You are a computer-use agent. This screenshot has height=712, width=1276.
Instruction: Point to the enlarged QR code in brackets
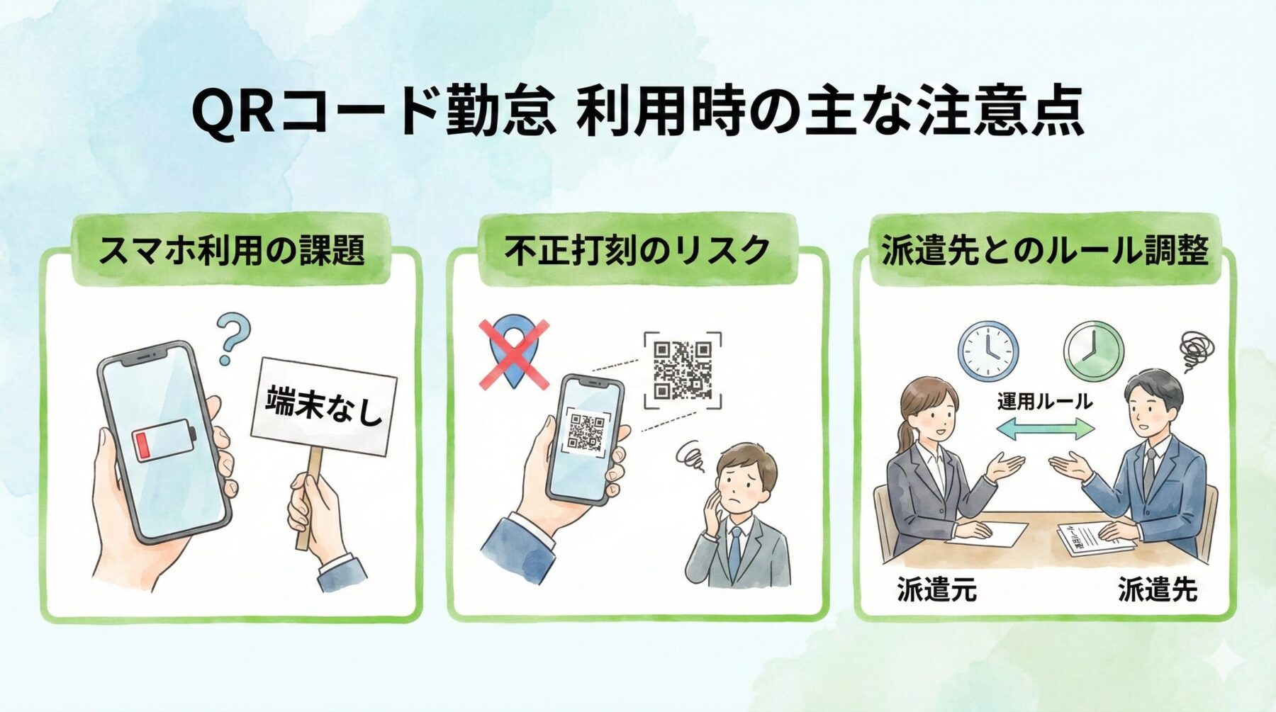682,370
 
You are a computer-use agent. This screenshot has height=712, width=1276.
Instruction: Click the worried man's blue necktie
735,553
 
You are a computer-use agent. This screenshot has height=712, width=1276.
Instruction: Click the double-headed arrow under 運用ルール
1045,429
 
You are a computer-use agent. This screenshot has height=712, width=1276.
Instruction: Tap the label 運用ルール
1044,402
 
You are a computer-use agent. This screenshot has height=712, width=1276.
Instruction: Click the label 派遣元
936,589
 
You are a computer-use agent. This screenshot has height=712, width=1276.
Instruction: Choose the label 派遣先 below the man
1157,589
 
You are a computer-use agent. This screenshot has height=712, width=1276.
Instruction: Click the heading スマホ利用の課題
231,250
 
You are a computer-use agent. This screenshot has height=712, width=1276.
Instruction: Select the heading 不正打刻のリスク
637,250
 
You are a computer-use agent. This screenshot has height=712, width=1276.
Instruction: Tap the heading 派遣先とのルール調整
1044,250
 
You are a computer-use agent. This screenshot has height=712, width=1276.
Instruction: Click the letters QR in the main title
233,112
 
